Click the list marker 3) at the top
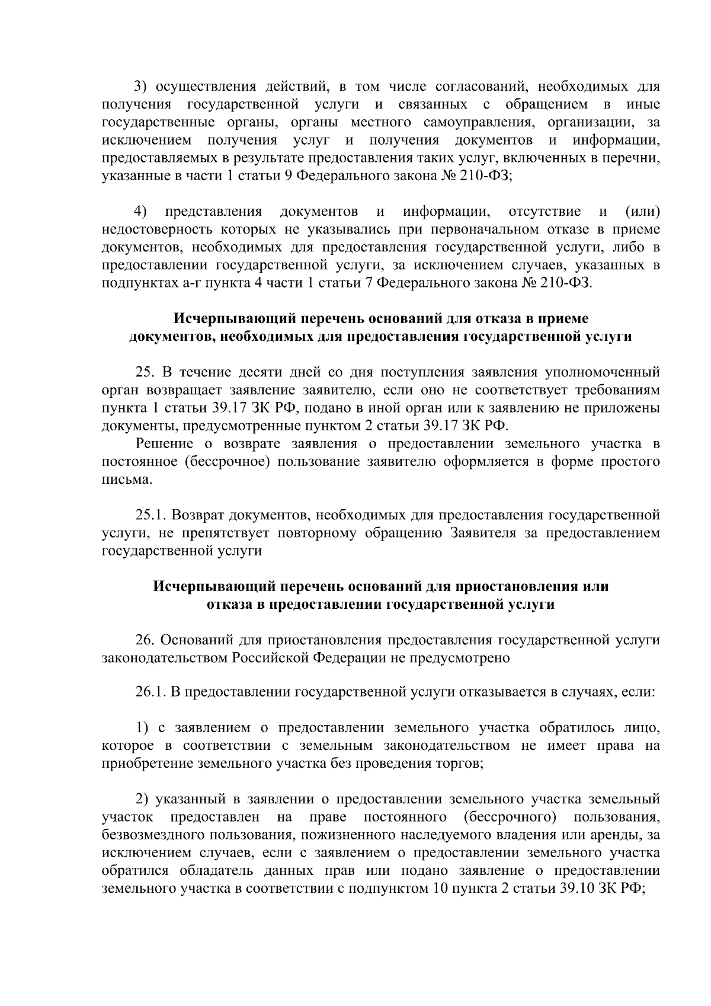[140, 87]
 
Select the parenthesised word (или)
[642, 212]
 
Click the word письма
[126, 480]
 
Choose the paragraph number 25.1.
[150, 515]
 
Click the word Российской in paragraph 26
[269, 658]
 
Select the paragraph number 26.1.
[150, 692]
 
